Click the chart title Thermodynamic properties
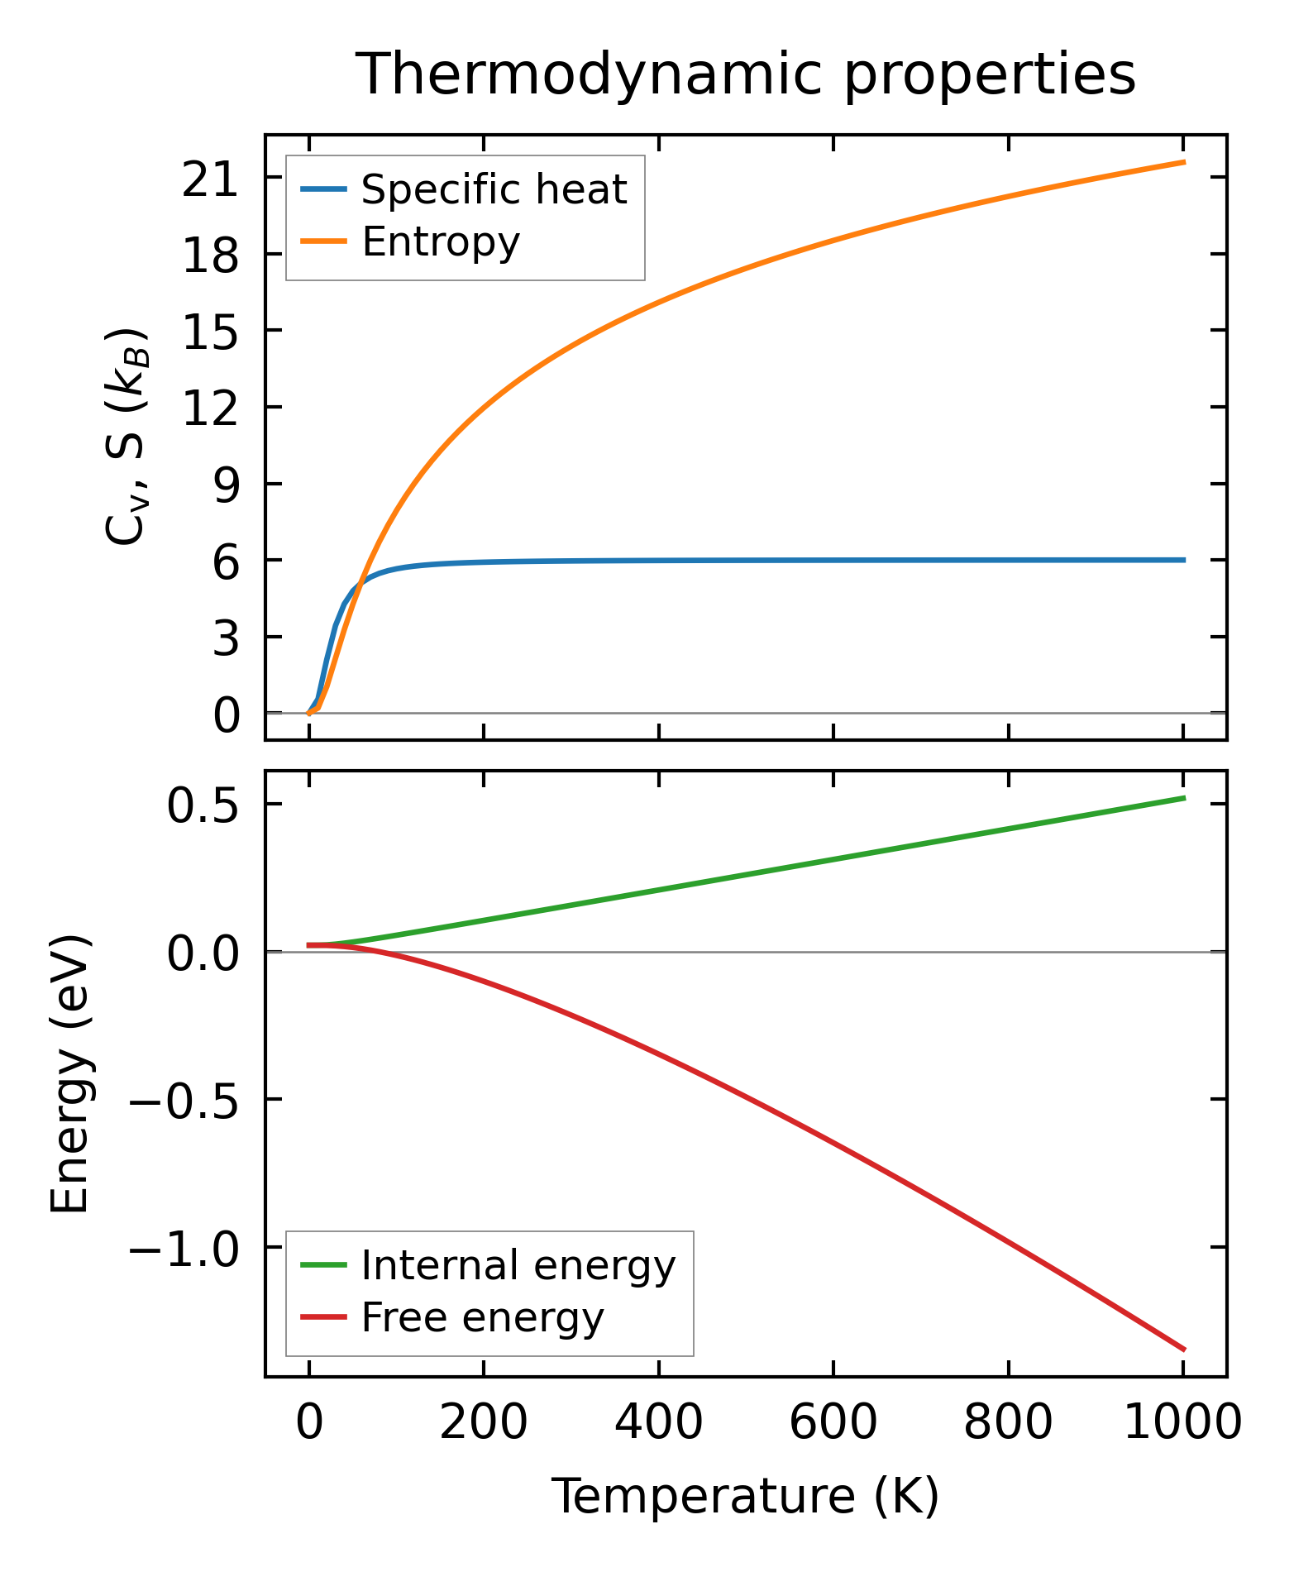tap(745, 74)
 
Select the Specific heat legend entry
tap(494, 189)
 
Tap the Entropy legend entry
tap(440, 241)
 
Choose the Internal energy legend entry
tap(518, 1265)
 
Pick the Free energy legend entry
tap(482, 1317)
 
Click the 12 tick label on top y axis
tap(210, 407)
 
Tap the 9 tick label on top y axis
tap(225, 484)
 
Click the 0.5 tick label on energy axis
tap(203, 805)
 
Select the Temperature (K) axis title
tap(745, 1497)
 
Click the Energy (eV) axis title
tap(69, 1074)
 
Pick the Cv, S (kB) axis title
tap(127, 437)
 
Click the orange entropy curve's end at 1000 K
tap(1183, 162)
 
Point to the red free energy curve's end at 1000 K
tap(1183, 1350)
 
